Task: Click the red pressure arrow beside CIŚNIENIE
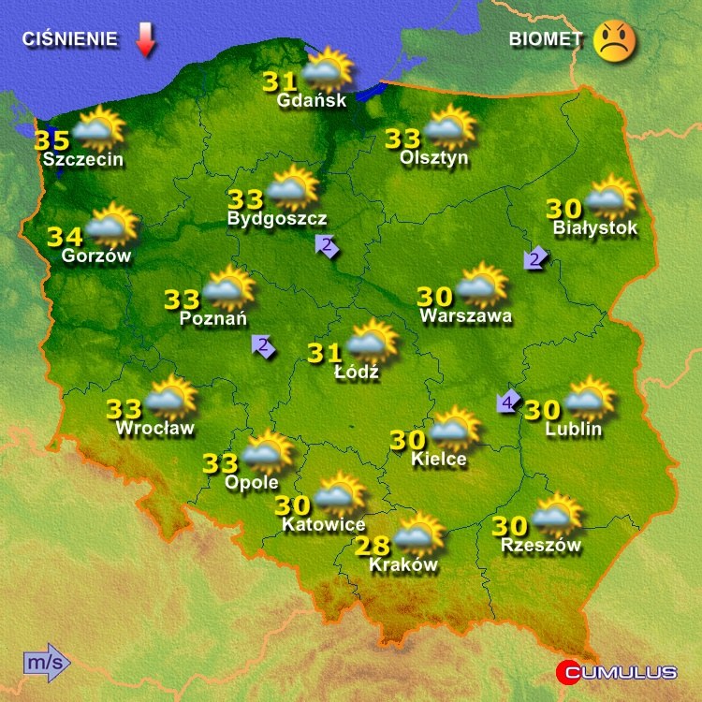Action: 145,40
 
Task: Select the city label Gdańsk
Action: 313,100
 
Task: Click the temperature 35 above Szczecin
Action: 51,140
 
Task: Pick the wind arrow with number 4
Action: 508,402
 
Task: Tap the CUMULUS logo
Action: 617,671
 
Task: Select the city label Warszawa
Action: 466,316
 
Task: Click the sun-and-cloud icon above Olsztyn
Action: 447,128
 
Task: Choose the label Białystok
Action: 595,227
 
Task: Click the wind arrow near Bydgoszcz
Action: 327,247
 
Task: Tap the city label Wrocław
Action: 155,429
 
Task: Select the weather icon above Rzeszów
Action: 556,515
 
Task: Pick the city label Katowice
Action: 324,525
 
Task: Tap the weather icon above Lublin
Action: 589,400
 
